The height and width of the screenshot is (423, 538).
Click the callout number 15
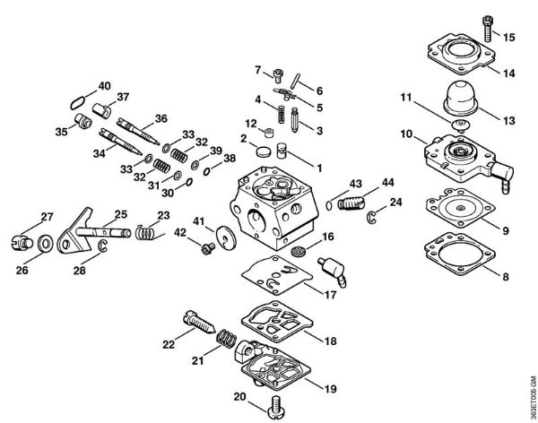509,38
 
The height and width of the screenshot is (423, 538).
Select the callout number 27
47,216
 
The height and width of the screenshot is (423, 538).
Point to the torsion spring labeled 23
145,234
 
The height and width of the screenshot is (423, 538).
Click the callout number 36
161,117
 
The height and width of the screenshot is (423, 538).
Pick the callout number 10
406,134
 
